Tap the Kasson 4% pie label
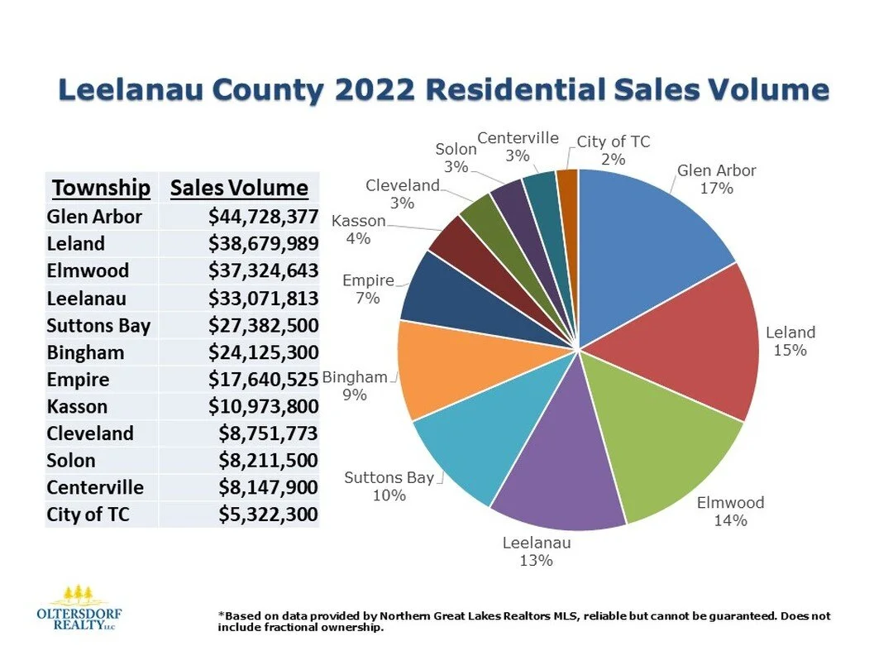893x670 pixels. tap(359, 230)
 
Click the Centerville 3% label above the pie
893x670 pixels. tap(518, 146)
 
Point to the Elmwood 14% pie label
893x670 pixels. tap(730, 511)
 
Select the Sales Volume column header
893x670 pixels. tap(239, 188)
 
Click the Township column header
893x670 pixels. tap(102, 188)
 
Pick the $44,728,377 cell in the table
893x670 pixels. tap(263, 217)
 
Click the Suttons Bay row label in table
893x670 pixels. tap(99, 325)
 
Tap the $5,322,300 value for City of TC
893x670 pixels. tap(268, 514)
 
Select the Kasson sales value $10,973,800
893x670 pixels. tap(263, 406)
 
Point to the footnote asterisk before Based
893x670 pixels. tap(221, 616)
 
